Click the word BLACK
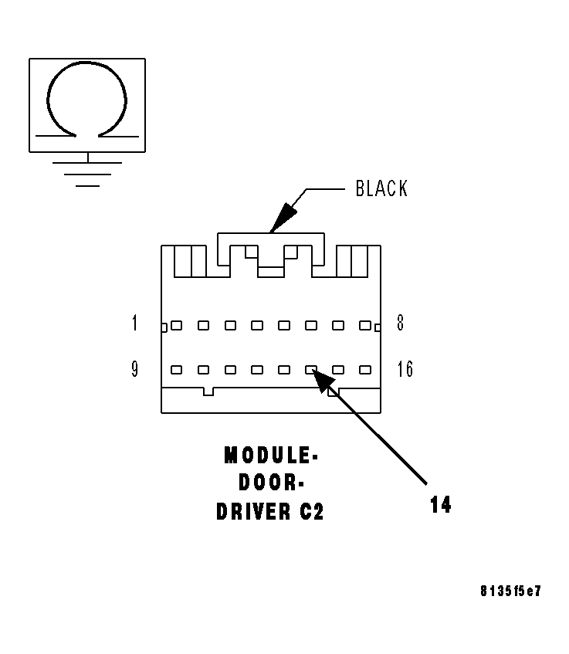tap(381, 188)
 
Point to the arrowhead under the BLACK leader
tap(281, 217)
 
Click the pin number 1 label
tap(135, 323)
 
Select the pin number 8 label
tap(400, 323)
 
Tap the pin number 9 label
tap(135, 369)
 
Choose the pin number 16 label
tap(405, 369)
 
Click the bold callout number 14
tap(441, 504)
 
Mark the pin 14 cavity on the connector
tap(311, 370)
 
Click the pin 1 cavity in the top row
tap(176, 326)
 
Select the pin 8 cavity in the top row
tap(364, 326)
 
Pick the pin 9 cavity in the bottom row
tap(176, 370)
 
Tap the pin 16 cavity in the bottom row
tap(364, 370)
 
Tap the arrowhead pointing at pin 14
tap(321, 379)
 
